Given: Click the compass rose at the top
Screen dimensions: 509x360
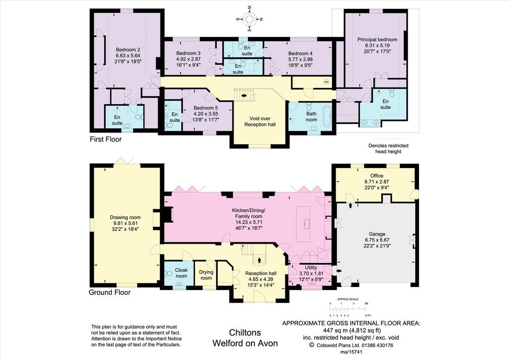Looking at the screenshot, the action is pyautogui.click(x=250, y=19).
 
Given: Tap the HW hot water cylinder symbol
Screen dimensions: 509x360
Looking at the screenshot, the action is pyautogui.click(x=326, y=82).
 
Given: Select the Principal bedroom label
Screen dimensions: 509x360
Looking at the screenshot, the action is pyautogui.click(x=377, y=40).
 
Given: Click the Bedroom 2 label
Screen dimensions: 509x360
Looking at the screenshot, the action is pyautogui.click(x=128, y=50).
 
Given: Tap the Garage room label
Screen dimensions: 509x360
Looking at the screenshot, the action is pyautogui.click(x=377, y=234).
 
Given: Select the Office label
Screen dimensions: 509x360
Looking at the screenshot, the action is pyautogui.click(x=377, y=176).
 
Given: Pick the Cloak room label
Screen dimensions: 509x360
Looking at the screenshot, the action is pyautogui.click(x=181, y=273).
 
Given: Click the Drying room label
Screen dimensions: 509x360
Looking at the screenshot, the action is pyautogui.click(x=206, y=275).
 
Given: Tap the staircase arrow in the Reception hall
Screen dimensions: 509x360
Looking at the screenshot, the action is pyautogui.click(x=259, y=260).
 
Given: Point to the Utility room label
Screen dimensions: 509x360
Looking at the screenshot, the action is pyautogui.click(x=311, y=268).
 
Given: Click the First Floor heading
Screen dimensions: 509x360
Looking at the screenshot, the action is pyautogui.click(x=105, y=139).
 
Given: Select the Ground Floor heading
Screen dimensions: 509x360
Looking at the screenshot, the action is pyautogui.click(x=110, y=292).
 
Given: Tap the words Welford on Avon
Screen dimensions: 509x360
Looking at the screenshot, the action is pyautogui.click(x=245, y=343).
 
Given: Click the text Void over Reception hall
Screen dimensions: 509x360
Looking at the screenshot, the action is pyautogui.click(x=259, y=121).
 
